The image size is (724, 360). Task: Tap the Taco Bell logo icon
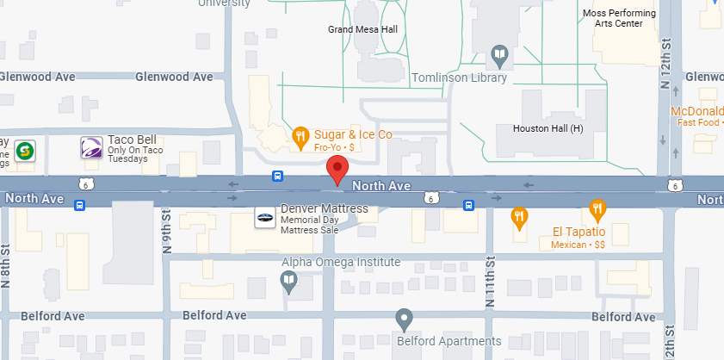91,148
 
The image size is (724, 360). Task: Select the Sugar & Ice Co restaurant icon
300,135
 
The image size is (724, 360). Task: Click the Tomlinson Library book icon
498,56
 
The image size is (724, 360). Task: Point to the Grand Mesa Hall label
362,29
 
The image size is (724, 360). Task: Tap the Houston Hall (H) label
548,129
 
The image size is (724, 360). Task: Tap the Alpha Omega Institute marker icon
289,279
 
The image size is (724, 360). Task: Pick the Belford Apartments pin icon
403,319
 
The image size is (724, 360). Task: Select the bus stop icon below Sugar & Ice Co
277,177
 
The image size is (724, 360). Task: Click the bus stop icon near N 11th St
469,206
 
